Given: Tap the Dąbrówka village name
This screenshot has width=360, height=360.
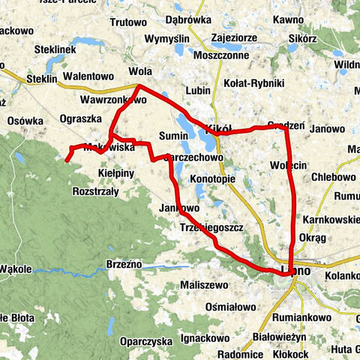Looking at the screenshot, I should click(x=215, y=21).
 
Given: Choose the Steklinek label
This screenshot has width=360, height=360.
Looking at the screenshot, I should click(x=55, y=49).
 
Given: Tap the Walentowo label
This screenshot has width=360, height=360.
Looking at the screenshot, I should click(x=88, y=76).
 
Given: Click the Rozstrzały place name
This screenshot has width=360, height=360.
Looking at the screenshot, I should click(x=95, y=192).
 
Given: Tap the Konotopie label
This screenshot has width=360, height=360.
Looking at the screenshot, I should click(x=213, y=180).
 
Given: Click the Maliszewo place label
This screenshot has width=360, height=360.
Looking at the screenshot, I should click(x=204, y=286).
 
